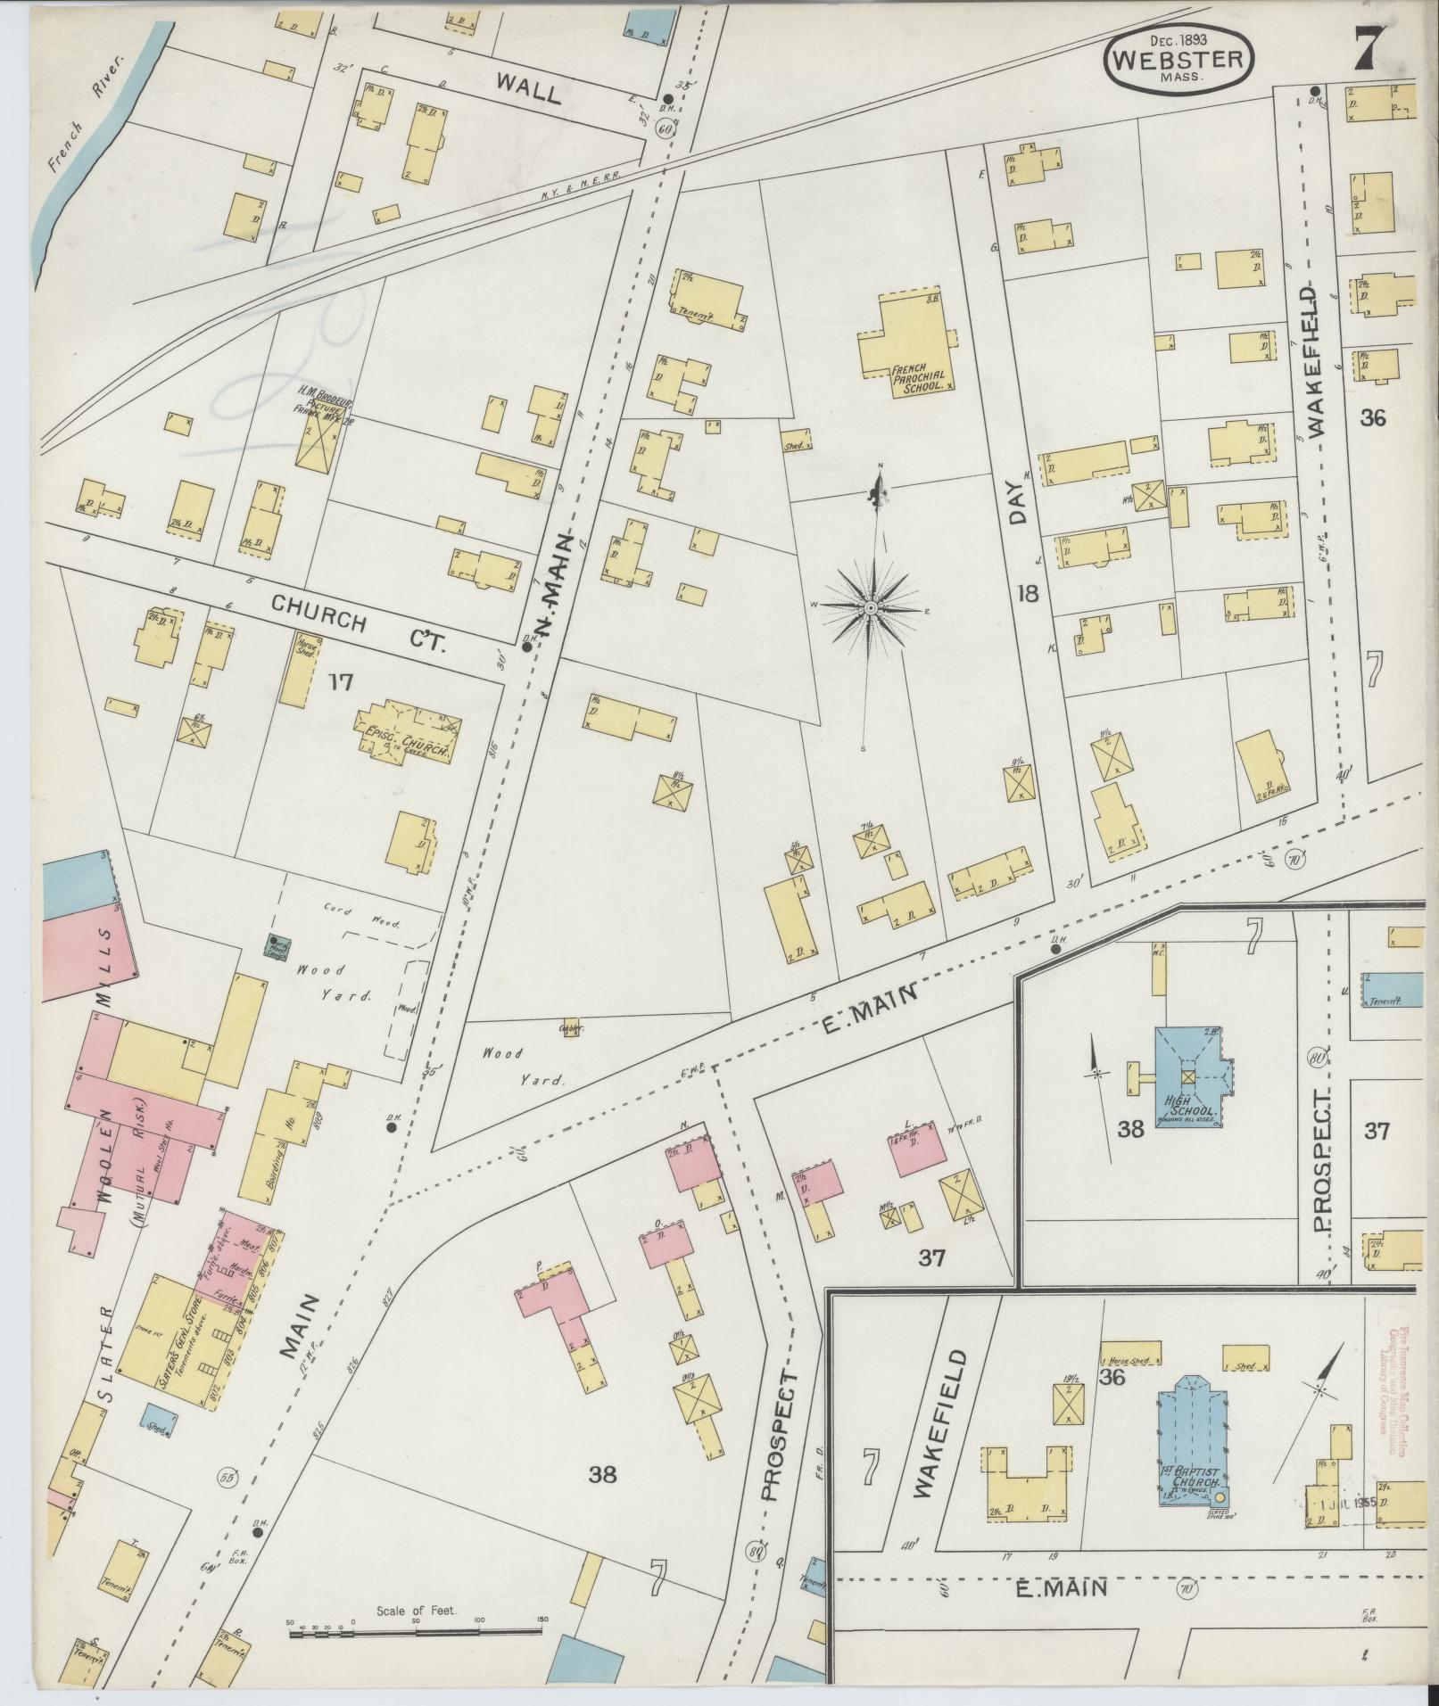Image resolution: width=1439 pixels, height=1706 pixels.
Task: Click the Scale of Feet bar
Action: point(416,1632)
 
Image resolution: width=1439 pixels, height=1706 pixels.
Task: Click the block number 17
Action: point(340,682)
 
